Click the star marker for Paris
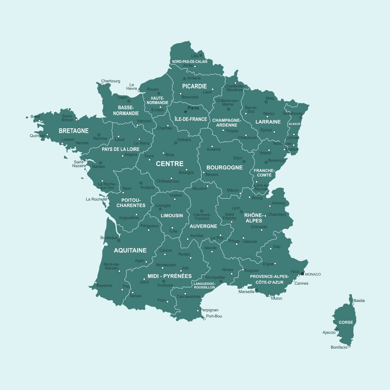pyautogui.click(x=186, y=112)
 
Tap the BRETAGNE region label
pyautogui.click(x=74, y=131)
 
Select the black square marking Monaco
pyautogui.click(x=302, y=274)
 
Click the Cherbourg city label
pyautogui.click(x=110, y=81)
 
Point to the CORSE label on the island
pyautogui.click(x=346, y=323)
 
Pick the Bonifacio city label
pyautogui.click(x=339, y=347)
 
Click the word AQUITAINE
pyautogui.click(x=130, y=250)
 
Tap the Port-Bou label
pyautogui.click(x=214, y=316)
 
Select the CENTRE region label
pyautogui.click(x=170, y=164)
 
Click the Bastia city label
pyautogui.click(x=359, y=301)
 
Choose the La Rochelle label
pyautogui.click(x=96, y=199)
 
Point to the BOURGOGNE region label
pyautogui.click(x=224, y=168)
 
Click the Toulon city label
pyautogui.click(x=276, y=299)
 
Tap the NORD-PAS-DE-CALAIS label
pyautogui.click(x=190, y=62)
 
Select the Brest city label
pyautogui.click(x=35, y=117)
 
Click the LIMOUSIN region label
pyautogui.click(x=172, y=216)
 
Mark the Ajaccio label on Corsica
pyautogui.click(x=329, y=333)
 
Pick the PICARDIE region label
pyautogui.click(x=194, y=86)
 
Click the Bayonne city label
pyautogui.click(x=105, y=285)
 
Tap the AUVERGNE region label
pyautogui.click(x=203, y=226)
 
